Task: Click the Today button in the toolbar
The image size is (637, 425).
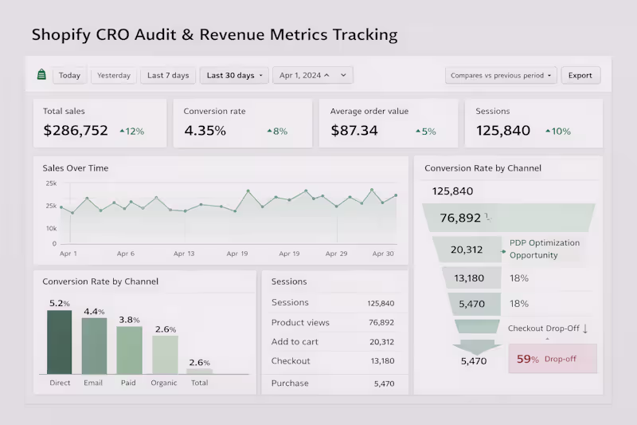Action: (x=69, y=76)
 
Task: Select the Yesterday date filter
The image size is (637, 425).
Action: (x=114, y=76)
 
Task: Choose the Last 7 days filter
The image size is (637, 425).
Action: (x=168, y=76)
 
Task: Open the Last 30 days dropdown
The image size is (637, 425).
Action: (x=234, y=76)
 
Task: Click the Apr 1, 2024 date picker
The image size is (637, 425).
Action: (x=312, y=76)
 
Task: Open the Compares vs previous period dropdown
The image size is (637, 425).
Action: (x=501, y=76)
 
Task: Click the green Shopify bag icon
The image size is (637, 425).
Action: (x=41, y=75)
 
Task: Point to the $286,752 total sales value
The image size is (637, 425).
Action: (x=76, y=131)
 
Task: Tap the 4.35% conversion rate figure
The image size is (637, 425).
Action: (x=205, y=131)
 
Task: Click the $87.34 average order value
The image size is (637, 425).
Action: (x=354, y=131)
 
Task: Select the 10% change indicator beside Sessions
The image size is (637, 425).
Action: (x=557, y=132)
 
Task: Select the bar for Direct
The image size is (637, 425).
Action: (x=60, y=342)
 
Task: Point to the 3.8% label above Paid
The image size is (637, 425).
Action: (x=129, y=320)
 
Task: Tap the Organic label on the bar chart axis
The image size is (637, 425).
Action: (x=164, y=383)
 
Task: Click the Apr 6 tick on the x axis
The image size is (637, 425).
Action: (x=126, y=254)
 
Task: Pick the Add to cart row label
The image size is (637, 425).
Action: (x=295, y=342)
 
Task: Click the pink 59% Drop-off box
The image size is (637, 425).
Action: (x=553, y=359)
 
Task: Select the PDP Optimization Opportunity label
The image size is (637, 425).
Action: (x=545, y=249)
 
